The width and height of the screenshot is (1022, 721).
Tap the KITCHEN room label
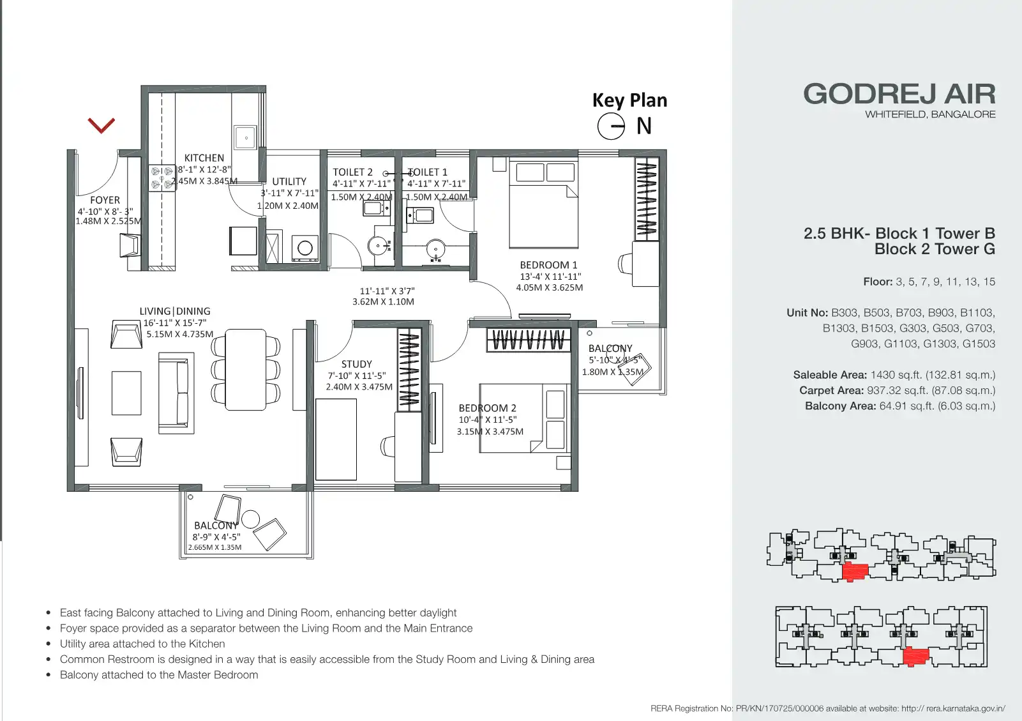pyautogui.click(x=204, y=158)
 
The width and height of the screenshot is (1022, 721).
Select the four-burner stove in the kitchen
pyautogui.click(x=162, y=178)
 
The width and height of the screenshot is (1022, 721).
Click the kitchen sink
pyautogui.click(x=246, y=138)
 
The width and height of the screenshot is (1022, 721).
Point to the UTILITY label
pyautogui.click(x=289, y=181)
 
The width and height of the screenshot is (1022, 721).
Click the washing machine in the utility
pyautogui.click(x=304, y=248)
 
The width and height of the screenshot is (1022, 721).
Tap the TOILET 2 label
pyautogui.click(x=352, y=172)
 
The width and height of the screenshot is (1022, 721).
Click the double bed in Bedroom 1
pyautogui.click(x=544, y=204)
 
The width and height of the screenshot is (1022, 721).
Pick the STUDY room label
pyautogui.click(x=357, y=364)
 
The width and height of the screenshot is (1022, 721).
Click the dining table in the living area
pyautogui.click(x=246, y=370)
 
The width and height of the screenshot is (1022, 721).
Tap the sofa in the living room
pyautogui.click(x=176, y=393)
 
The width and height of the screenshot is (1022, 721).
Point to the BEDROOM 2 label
pyautogui.click(x=487, y=409)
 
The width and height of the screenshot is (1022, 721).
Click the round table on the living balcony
pyautogui.click(x=250, y=519)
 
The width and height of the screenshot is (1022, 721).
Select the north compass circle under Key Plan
pyautogui.click(x=611, y=126)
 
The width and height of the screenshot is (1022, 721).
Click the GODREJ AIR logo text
pyautogui.click(x=899, y=95)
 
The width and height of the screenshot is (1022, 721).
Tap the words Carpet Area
pyautogui.click(x=831, y=391)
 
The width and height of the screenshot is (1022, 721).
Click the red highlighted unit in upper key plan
pyautogui.click(x=855, y=572)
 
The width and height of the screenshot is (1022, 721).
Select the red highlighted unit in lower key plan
pyautogui.click(x=915, y=656)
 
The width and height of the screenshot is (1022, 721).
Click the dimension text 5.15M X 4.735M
pyautogui.click(x=180, y=335)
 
